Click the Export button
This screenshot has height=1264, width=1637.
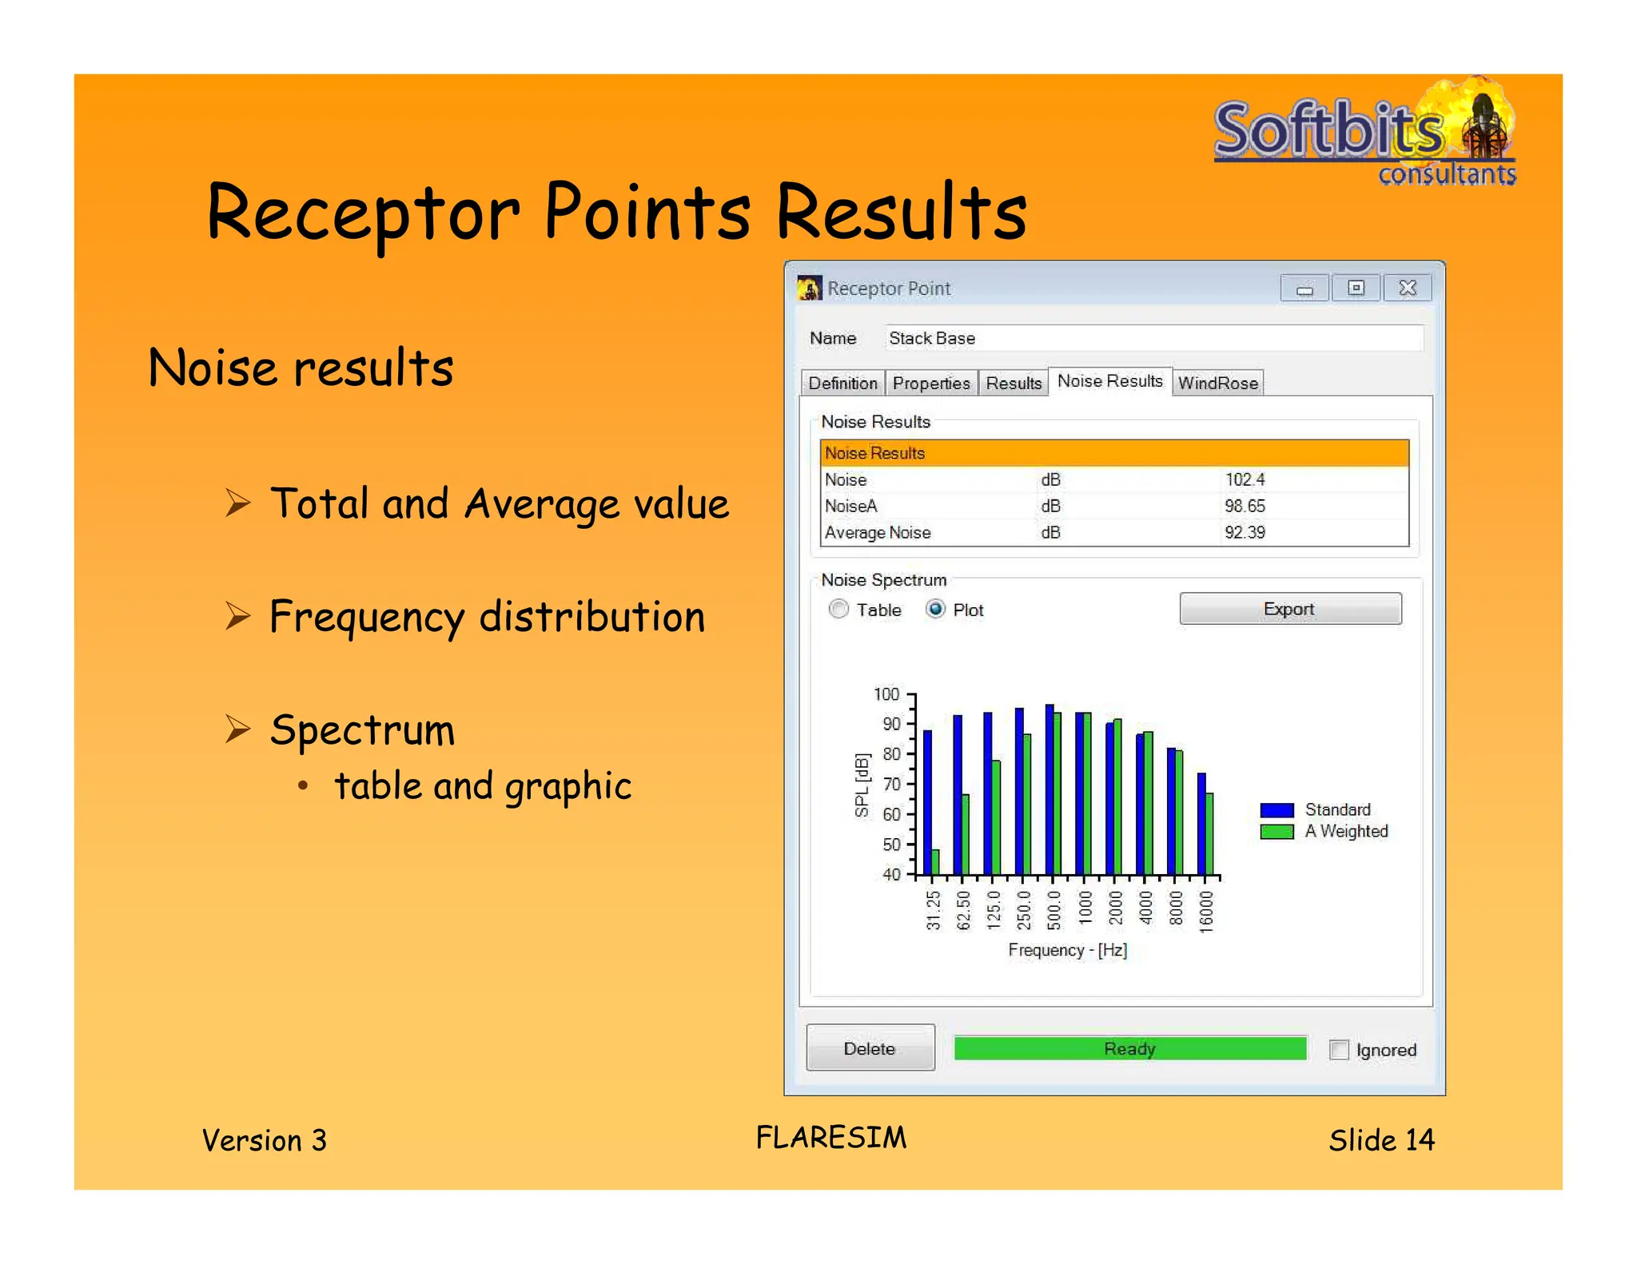point(1289,609)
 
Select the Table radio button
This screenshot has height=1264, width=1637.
point(838,610)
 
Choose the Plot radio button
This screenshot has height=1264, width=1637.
point(935,610)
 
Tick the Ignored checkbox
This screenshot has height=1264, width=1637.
point(1339,1049)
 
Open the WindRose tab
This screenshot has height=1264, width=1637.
point(1217,384)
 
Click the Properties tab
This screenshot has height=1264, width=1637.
point(930,384)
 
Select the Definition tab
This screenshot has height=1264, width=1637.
point(842,384)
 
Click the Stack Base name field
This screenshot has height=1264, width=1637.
point(1151,338)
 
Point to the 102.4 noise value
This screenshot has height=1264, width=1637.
point(1245,479)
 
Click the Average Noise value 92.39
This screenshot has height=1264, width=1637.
point(1245,532)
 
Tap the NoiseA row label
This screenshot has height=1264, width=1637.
point(850,506)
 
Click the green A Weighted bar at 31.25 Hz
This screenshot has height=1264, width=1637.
point(936,862)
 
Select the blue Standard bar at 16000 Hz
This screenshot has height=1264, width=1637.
point(1201,823)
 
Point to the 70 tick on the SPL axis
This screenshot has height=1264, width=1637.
point(891,784)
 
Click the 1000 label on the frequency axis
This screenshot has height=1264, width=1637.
point(1085,908)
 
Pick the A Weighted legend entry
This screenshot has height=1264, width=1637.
point(1345,832)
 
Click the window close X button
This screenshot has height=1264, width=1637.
point(1408,288)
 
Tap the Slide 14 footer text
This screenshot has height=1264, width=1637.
point(1380,1139)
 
